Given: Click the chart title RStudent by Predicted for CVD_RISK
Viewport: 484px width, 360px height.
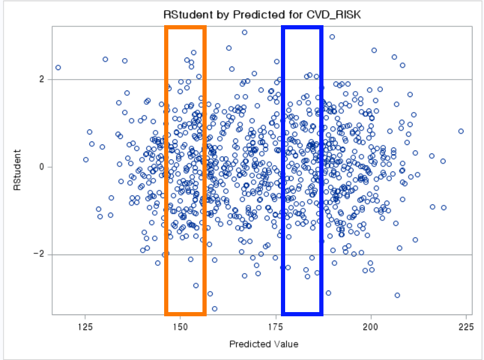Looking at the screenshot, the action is click(262, 14).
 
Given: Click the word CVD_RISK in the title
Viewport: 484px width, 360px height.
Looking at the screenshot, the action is click(334, 15).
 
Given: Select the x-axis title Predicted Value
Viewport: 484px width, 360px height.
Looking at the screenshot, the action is click(264, 344).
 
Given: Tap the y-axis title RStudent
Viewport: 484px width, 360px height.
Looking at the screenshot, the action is click(17, 170).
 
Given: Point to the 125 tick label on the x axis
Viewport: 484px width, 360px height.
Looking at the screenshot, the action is click(85, 326).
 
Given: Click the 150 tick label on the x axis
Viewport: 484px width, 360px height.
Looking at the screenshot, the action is click(180, 326).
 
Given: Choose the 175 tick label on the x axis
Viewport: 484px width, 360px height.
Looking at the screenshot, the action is click(276, 326).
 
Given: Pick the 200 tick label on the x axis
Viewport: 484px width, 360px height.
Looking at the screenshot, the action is click(371, 326).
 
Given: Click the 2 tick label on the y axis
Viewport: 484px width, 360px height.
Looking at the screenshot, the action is click(42, 79).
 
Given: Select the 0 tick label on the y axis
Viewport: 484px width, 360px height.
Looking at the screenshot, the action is click(42, 167).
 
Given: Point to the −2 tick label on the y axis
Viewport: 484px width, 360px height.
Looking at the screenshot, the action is click(39, 254).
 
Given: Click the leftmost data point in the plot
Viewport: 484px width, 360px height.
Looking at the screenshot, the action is click(58, 68).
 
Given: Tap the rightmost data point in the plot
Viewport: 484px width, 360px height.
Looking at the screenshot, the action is click(461, 131).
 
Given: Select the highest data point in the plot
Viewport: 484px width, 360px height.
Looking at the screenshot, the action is click(244, 32).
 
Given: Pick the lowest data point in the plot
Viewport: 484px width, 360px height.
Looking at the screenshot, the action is click(214, 308).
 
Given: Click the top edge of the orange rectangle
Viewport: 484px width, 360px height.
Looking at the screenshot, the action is click(185, 28).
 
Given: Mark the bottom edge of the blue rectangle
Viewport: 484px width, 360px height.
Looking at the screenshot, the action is click(302, 314).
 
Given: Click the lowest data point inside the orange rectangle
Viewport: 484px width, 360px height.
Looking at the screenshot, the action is click(196, 286).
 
